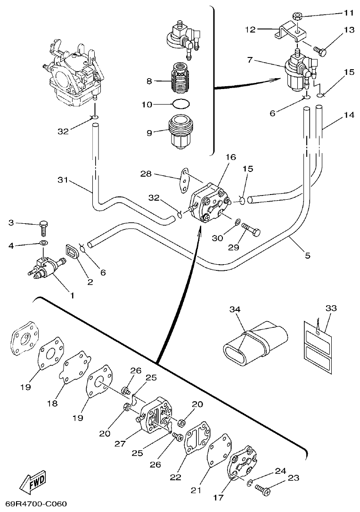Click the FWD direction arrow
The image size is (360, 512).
click(33, 481)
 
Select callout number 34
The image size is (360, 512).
click(235, 309)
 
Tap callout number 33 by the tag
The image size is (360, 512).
click(331, 308)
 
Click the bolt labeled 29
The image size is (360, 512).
click(250, 230)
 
